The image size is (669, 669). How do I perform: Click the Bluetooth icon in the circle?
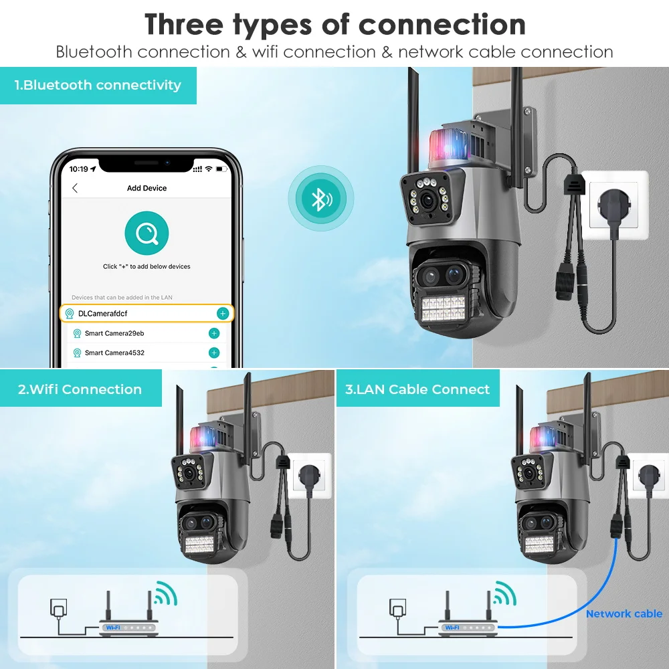click(321, 199)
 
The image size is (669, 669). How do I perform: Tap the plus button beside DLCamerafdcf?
click(223, 313)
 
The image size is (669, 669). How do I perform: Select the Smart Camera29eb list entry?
click(114, 333)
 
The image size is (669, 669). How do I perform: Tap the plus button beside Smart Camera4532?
click(214, 353)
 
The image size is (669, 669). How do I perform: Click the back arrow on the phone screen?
click(75, 188)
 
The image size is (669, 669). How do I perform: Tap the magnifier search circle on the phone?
click(147, 233)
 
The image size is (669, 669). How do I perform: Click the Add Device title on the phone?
click(147, 188)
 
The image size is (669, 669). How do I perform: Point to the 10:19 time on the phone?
click(79, 169)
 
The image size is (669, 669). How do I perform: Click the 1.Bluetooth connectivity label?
click(98, 85)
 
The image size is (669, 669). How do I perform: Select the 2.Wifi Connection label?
click(80, 389)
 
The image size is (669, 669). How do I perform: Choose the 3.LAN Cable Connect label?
click(417, 389)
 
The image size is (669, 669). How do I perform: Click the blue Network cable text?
click(624, 613)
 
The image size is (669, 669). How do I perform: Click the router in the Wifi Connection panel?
click(130, 626)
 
